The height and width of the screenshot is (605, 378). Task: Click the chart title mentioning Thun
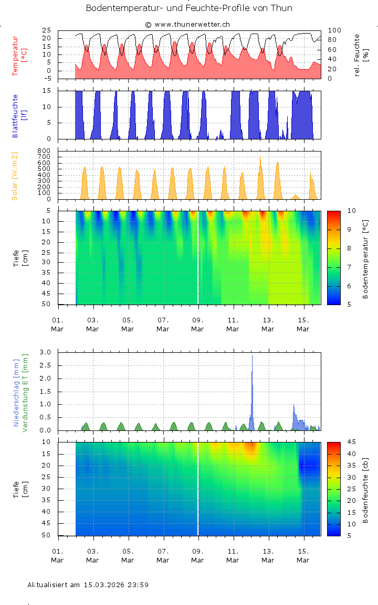tap(189, 8)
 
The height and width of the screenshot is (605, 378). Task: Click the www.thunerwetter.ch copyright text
tap(187, 24)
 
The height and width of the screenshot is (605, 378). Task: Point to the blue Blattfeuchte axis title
tap(15, 116)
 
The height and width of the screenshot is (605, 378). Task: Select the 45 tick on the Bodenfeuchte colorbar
tap(352, 442)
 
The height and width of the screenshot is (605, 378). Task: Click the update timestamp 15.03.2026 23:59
tap(116, 585)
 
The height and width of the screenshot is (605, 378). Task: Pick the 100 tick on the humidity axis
tap(334, 30)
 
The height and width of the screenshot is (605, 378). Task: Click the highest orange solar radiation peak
tap(260, 159)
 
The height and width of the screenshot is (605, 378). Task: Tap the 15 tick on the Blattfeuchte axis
tap(47, 91)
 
